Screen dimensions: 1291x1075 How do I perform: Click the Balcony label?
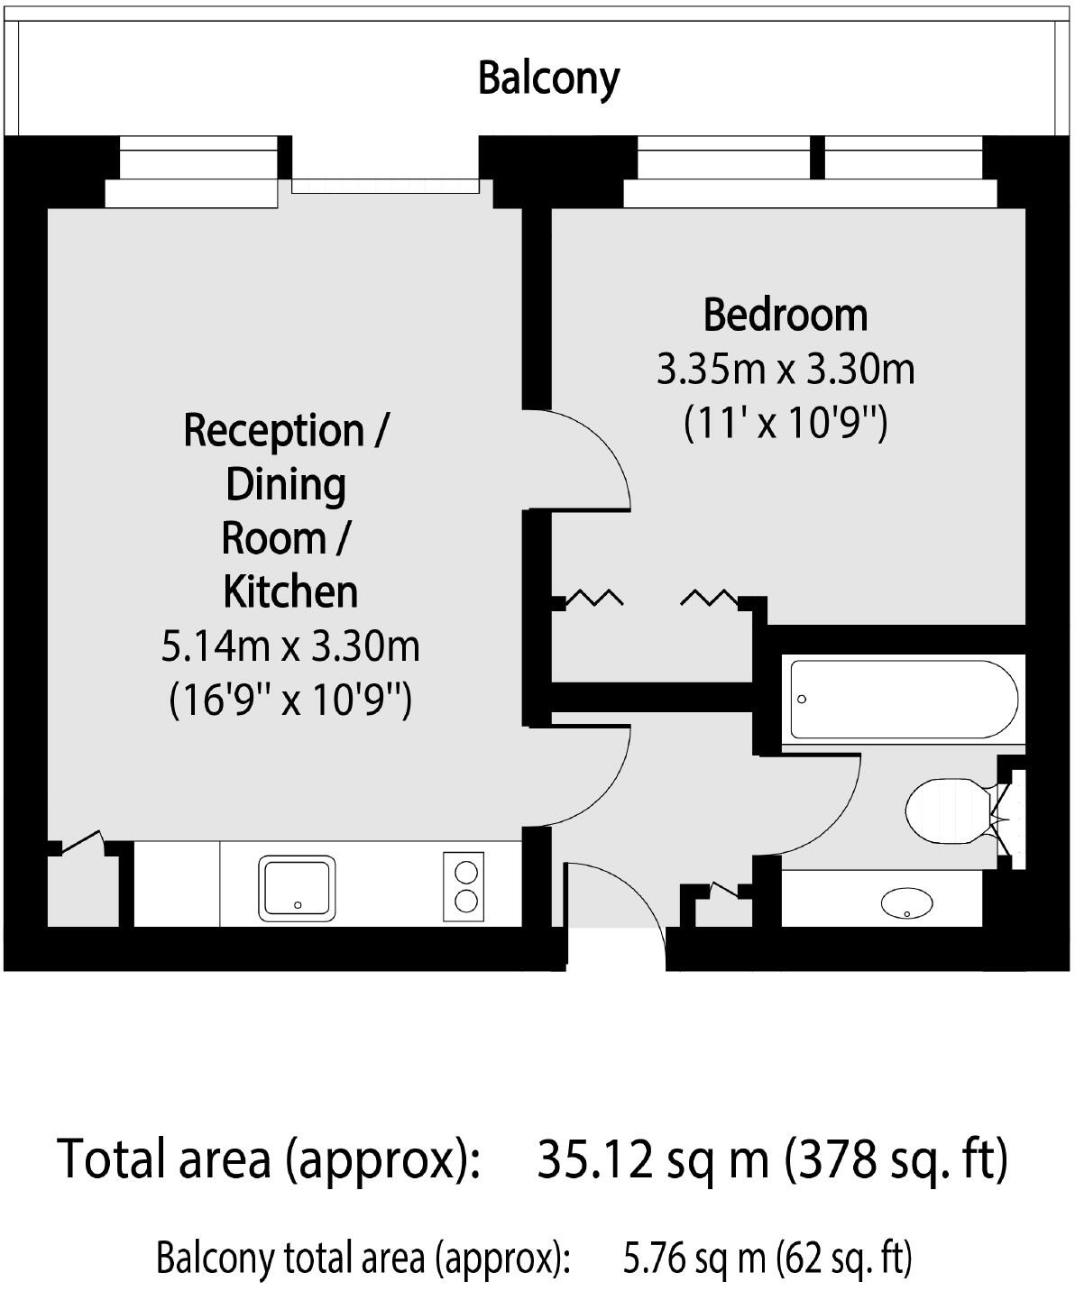tap(548, 78)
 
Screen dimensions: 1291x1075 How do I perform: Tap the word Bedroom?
tap(785, 315)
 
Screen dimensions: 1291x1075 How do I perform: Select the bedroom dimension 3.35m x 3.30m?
tap(785, 369)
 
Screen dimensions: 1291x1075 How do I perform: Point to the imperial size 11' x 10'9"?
tap(785, 422)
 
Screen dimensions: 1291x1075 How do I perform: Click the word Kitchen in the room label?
tap(290, 591)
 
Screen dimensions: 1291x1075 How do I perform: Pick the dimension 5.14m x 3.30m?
tap(290, 645)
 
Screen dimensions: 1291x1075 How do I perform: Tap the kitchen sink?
tap(297, 887)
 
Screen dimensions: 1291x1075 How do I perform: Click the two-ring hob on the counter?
tap(464, 886)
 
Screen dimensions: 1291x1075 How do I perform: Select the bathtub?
tap(904, 700)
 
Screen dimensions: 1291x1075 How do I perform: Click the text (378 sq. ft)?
tap(896, 1159)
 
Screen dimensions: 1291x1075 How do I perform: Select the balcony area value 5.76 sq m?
tap(694, 1257)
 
